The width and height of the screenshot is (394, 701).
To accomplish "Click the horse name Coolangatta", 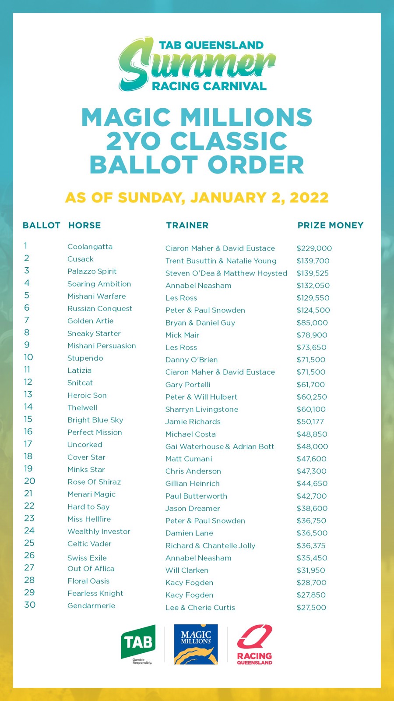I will (90, 247).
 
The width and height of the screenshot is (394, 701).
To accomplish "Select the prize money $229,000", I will (314, 248).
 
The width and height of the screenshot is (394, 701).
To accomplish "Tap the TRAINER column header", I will (187, 225).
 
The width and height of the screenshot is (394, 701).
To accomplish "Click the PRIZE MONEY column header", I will (330, 225).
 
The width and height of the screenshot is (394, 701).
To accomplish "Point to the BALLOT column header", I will (41, 225).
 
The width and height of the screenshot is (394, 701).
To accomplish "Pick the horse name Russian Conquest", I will (99, 308).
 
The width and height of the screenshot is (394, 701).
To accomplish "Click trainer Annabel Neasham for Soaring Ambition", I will (198, 286).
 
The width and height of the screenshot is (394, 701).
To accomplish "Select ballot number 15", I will (28, 419).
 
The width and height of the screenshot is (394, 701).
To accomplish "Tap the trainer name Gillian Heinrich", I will (192, 484).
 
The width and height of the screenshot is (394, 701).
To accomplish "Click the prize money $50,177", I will (311, 421).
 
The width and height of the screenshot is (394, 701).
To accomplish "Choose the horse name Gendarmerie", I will (91, 605).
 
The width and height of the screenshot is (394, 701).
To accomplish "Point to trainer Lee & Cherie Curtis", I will (200, 608).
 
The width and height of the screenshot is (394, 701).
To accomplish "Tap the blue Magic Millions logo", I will (196, 644).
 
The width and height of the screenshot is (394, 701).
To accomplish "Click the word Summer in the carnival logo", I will (197, 65).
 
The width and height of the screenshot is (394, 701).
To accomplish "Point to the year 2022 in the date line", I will (309, 198).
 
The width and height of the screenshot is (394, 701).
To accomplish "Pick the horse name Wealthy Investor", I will (98, 531).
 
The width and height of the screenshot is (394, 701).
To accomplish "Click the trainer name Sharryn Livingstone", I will (201, 409).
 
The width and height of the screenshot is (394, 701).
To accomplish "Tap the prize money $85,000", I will (312, 323).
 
